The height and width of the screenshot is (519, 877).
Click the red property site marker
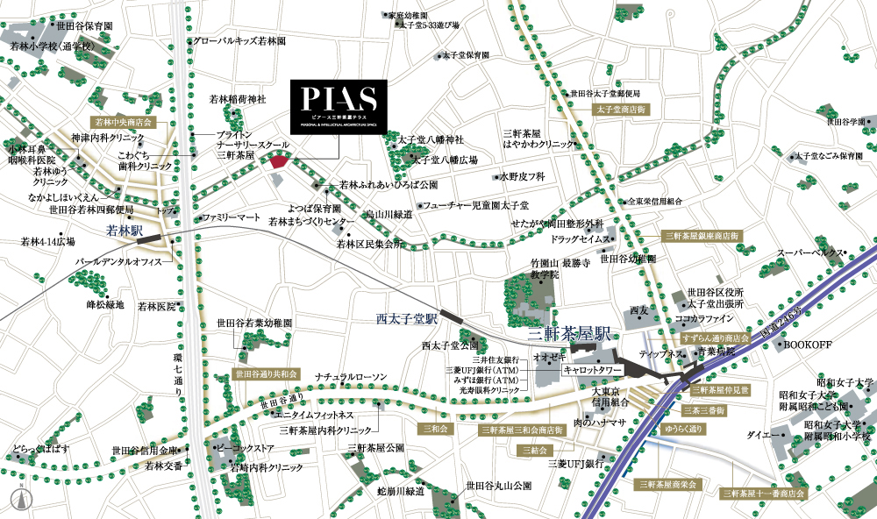280,160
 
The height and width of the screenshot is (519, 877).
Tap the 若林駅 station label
124,231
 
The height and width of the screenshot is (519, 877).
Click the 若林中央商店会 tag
124,123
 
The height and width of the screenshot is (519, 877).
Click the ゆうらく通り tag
685,429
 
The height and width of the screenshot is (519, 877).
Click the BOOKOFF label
806,346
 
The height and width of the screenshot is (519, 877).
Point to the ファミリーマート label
232,217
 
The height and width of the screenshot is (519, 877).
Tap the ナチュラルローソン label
351,376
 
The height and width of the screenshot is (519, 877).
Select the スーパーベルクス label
809,253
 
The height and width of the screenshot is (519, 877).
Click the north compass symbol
17,498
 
